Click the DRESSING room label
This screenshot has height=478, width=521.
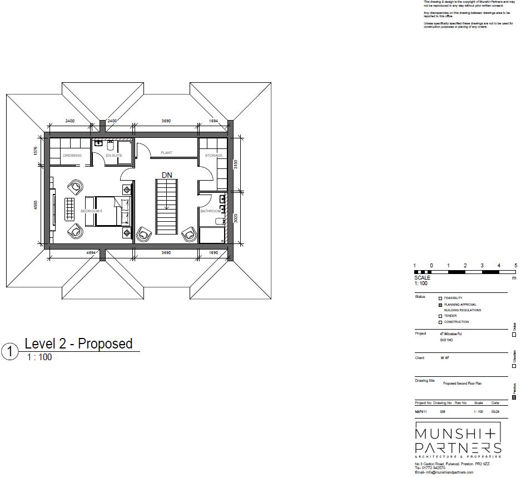72,156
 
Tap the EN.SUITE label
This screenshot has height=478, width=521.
114,156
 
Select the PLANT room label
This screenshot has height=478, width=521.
166,152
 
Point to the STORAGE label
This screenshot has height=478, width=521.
214,156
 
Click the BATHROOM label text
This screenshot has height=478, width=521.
211,211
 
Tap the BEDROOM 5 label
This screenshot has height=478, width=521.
91,211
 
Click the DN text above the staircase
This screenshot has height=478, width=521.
167,175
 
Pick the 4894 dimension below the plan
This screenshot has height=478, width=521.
92,253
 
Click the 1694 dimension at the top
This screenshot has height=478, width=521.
212,121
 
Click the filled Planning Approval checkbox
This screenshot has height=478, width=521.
440,304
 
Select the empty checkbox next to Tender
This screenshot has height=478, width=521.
440,316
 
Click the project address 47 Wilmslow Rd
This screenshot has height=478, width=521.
450,333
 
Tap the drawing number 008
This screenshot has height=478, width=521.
443,412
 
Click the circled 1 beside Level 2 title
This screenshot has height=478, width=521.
10,352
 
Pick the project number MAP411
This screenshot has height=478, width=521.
421,412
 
